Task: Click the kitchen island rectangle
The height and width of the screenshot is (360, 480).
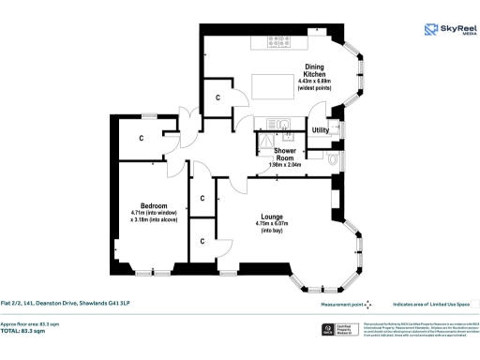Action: pyautogui.click(x=269, y=88)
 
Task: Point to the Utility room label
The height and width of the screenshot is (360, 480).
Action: pyautogui.click(x=321, y=129)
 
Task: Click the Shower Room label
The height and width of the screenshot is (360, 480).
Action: pyautogui.click(x=286, y=155)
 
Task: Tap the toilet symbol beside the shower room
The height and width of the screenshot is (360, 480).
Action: pyautogui.click(x=336, y=160)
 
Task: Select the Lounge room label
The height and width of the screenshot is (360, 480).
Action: pyautogui.click(x=273, y=215)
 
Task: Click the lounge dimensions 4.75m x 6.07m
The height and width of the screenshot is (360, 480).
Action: pyautogui.click(x=273, y=223)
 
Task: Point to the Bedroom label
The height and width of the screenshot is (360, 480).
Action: pyautogui.click(x=154, y=205)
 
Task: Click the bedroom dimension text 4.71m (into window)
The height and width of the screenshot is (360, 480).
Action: pyautogui.click(x=154, y=214)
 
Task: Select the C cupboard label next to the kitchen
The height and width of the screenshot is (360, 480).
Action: pyautogui.click(x=217, y=97)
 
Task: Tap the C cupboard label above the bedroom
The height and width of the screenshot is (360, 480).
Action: pyautogui.click(x=142, y=139)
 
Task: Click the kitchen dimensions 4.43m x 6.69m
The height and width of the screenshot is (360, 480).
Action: pyautogui.click(x=315, y=82)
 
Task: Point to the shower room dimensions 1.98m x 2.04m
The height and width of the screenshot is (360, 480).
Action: pyautogui.click(x=286, y=165)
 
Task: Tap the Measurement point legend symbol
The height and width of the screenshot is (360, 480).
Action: pyautogui.click(x=367, y=304)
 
